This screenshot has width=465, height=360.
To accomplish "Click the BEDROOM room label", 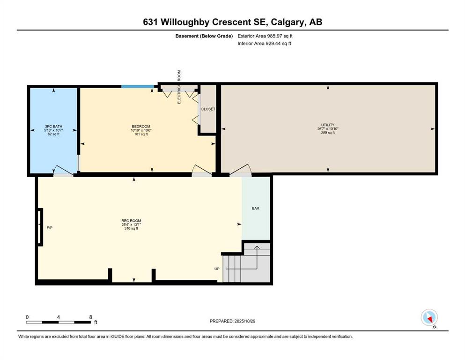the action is point(141,127).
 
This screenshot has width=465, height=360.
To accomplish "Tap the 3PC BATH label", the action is point(54,127).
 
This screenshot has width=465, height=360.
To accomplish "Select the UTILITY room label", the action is point(328,125).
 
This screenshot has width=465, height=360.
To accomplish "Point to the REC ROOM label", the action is point(131,221).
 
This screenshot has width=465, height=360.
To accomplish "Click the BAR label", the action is point(256,208).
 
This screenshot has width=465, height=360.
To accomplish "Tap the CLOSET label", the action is point(208,109).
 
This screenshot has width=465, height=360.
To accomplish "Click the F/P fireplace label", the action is point(50,228).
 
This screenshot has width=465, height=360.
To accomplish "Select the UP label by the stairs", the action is point(217,269).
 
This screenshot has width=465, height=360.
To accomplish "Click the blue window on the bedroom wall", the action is point(138,87).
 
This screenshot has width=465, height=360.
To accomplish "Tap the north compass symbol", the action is point(429,317).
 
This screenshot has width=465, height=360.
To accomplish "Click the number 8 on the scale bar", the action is point(90,317).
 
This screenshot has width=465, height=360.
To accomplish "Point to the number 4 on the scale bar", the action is point(59,317).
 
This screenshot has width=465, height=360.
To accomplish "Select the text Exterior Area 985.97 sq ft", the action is point(265,36).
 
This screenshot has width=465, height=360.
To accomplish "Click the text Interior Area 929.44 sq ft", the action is point(264,43).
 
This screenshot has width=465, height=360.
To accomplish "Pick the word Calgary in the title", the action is point(288,22).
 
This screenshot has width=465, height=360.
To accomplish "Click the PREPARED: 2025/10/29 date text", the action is point(232,321).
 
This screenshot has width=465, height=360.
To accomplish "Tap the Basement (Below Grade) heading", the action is point(204,36).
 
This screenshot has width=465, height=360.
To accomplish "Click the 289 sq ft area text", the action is point(328,133).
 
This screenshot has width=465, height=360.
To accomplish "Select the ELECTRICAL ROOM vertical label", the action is point(179,87).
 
